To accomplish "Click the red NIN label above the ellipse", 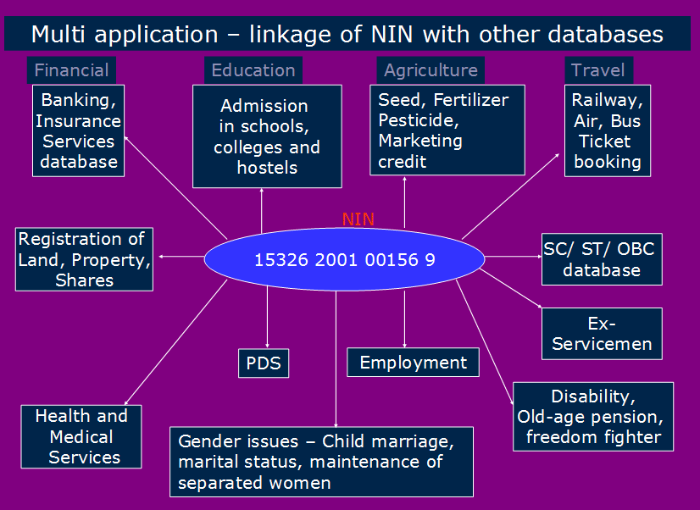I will [x=358, y=219].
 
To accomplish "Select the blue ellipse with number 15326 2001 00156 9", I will [x=345, y=259].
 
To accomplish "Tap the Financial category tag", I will [x=71, y=70].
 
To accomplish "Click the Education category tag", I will [x=253, y=70].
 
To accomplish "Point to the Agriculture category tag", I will [x=431, y=70].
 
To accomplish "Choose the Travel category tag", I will [x=597, y=70].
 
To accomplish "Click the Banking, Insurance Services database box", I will [x=78, y=130].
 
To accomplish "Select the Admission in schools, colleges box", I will [x=267, y=136].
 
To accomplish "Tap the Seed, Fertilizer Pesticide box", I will [x=447, y=130].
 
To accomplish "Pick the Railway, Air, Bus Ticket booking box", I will [x=608, y=130].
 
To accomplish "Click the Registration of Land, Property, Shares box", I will [x=84, y=259].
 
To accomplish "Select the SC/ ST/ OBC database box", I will [x=602, y=259].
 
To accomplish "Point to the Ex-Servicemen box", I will [x=602, y=334].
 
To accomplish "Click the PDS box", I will [x=263, y=363].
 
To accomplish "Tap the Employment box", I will [x=413, y=363].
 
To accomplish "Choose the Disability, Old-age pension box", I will [x=593, y=416].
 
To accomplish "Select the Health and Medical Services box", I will [x=81, y=437].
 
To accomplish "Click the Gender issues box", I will [x=321, y=462].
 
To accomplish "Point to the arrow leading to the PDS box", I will [x=267, y=313].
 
